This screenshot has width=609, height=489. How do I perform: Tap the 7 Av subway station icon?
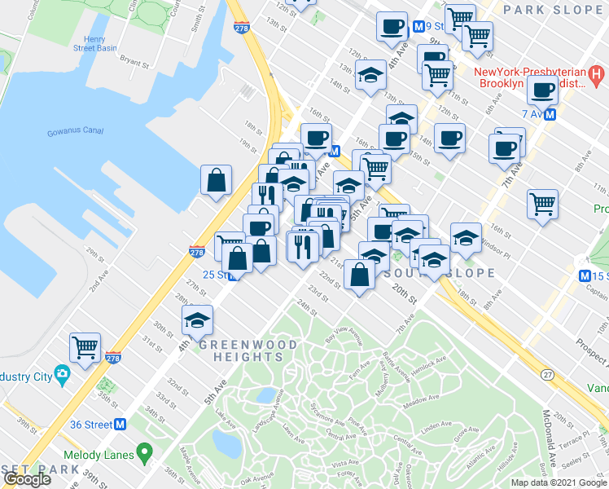point(551,115)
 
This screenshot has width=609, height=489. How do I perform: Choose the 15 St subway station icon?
point(585,276)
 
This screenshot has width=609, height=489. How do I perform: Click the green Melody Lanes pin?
point(145,450)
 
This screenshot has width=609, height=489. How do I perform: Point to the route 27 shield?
point(547,372)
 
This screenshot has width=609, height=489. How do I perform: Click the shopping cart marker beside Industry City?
point(85,347)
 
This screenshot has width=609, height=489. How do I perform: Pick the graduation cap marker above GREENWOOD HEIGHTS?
point(197,320)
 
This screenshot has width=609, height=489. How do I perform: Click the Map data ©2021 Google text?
point(559,482)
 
